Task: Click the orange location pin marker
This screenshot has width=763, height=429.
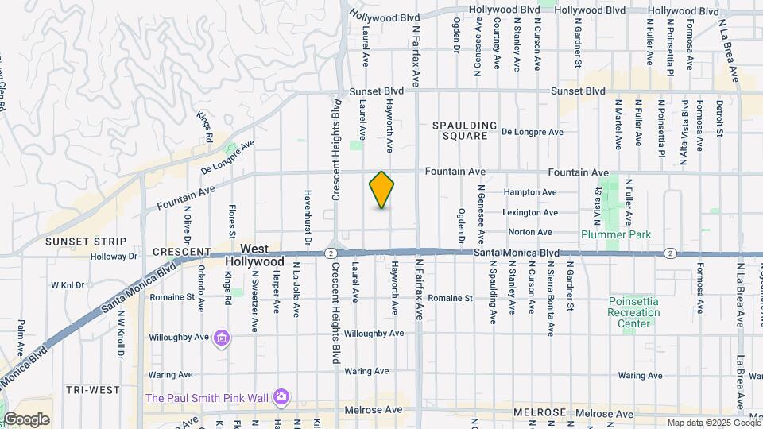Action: pos(381,190)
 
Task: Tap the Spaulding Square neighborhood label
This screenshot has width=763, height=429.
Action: pos(465,131)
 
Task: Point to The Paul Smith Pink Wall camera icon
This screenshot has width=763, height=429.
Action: pos(280,396)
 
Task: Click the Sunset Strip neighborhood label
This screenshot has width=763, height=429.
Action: pos(86,242)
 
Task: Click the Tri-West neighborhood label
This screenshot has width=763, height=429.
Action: pos(92,390)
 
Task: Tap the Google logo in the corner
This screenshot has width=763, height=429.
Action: pos(26,419)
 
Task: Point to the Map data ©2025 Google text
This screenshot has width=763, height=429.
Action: pos(713,423)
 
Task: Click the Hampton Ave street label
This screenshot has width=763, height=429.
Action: pos(531,192)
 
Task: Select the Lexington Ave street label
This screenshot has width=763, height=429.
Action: pos(530,212)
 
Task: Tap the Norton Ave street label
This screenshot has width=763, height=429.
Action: pos(530,232)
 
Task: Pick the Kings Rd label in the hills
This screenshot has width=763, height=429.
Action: pos(206,128)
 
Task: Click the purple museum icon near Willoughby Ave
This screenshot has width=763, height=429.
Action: pos(222,340)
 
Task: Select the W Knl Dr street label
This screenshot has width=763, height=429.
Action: pos(67,284)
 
